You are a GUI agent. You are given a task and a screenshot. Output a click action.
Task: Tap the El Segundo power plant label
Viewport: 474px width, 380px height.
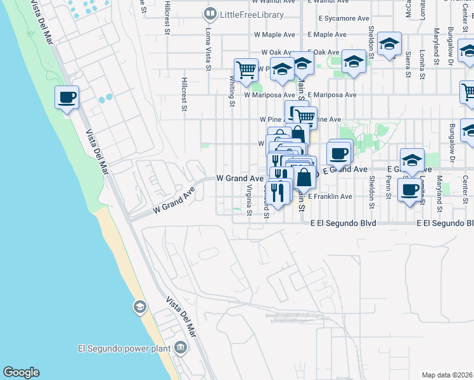point(124,348)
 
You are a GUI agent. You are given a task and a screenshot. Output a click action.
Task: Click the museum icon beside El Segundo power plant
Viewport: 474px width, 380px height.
point(181,347)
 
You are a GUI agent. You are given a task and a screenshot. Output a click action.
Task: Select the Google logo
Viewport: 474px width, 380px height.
point(21,372)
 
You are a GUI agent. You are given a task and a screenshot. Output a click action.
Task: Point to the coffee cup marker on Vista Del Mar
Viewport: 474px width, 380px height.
point(67,98)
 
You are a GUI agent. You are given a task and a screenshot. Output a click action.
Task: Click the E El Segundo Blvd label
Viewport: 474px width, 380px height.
point(343,224)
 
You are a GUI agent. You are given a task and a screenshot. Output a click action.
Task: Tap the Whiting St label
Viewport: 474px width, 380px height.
point(232,89)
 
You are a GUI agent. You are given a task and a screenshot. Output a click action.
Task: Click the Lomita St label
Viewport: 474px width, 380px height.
point(422,64)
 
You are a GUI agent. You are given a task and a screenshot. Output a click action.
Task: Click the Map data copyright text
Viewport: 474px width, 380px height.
point(446,375)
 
